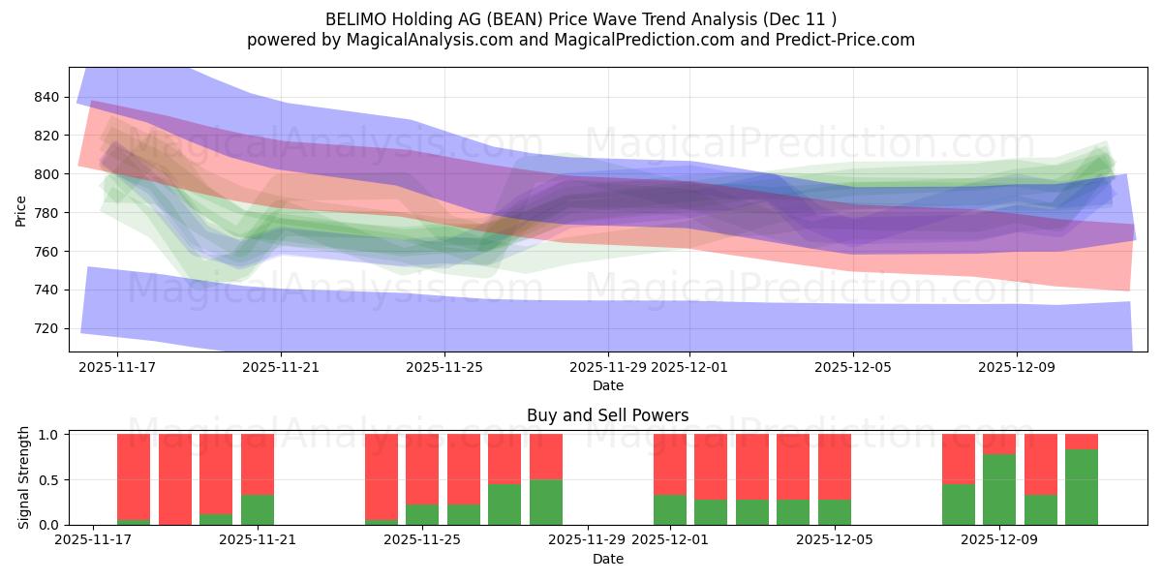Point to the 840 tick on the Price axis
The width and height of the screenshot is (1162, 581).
pos(46,97)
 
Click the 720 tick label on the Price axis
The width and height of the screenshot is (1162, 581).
pos(46,328)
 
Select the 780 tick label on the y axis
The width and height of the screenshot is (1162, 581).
pos(46,213)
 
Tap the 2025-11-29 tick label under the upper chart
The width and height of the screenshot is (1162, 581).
pos(608,367)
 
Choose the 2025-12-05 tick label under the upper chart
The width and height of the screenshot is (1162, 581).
pos(853,367)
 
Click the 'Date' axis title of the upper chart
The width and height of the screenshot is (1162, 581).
pos(608,385)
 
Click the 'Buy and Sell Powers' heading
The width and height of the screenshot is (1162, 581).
pos(608,415)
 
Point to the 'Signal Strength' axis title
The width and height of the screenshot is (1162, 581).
pos(24,479)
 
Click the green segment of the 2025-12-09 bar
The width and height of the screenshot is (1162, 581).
pos(999,490)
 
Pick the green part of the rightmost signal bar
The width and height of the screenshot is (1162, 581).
pos(1082,487)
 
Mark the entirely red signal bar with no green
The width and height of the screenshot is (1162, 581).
pos(175,479)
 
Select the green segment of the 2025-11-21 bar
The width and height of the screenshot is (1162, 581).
pos(258,509)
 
